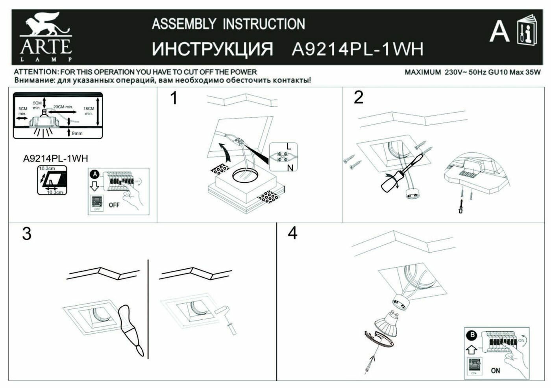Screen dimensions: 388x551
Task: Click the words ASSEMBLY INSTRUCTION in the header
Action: coord(228,24)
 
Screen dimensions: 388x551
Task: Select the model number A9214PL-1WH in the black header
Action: coord(357,49)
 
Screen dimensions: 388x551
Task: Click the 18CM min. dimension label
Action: coord(89,111)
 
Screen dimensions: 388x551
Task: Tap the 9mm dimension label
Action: coord(78,133)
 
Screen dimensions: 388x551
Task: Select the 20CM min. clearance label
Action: coord(63,107)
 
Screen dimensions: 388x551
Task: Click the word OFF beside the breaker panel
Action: coord(114,205)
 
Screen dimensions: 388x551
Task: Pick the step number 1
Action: coord(174,98)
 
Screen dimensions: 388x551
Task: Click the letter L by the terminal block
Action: coord(289,147)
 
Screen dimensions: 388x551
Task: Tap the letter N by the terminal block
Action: coord(290,168)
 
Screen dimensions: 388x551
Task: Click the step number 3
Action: coord(26,234)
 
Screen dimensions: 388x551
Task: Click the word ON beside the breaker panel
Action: coord(496,370)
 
